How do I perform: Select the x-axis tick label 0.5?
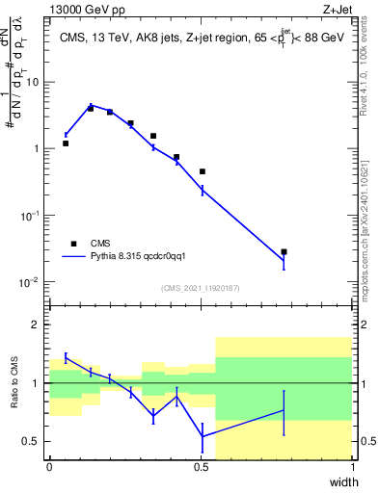[x=201, y=466]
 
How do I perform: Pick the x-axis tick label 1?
[x=353, y=466]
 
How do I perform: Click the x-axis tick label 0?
[x=49, y=466]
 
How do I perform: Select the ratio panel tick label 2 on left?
[x=36, y=324]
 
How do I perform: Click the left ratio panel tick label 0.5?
[x=31, y=442]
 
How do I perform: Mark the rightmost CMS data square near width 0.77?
[x=284, y=252]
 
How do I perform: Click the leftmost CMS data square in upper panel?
[x=66, y=143]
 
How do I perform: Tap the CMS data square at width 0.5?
[x=203, y=171]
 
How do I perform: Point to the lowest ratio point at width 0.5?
[x=203, y=436]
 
